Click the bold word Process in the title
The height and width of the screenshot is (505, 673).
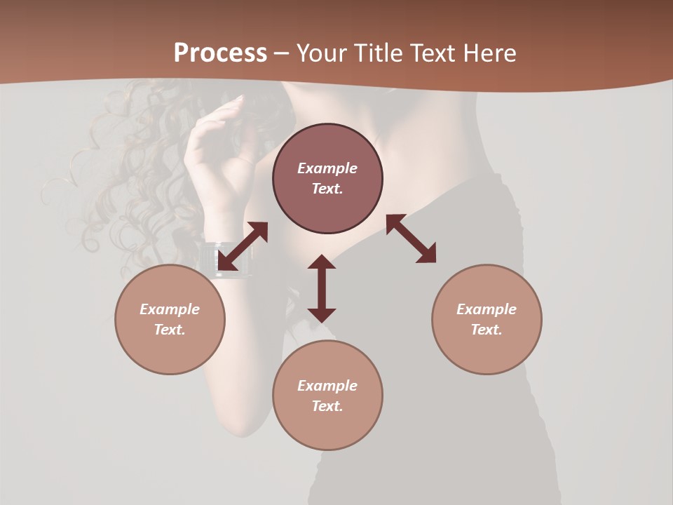tap(220, 53)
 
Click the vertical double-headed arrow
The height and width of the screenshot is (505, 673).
tap(322, 288)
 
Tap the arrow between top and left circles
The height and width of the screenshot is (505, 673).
tap(243, 246)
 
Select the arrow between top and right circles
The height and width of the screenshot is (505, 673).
tap(411, 238)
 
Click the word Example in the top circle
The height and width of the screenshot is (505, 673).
tap(327, 168)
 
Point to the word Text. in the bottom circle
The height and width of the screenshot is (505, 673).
tap(327, 406)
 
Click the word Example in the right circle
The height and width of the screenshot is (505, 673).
tap(487, 309)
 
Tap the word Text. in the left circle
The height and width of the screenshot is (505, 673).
tap(170, 330)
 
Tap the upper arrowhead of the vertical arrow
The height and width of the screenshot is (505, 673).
tap(322, 263)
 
